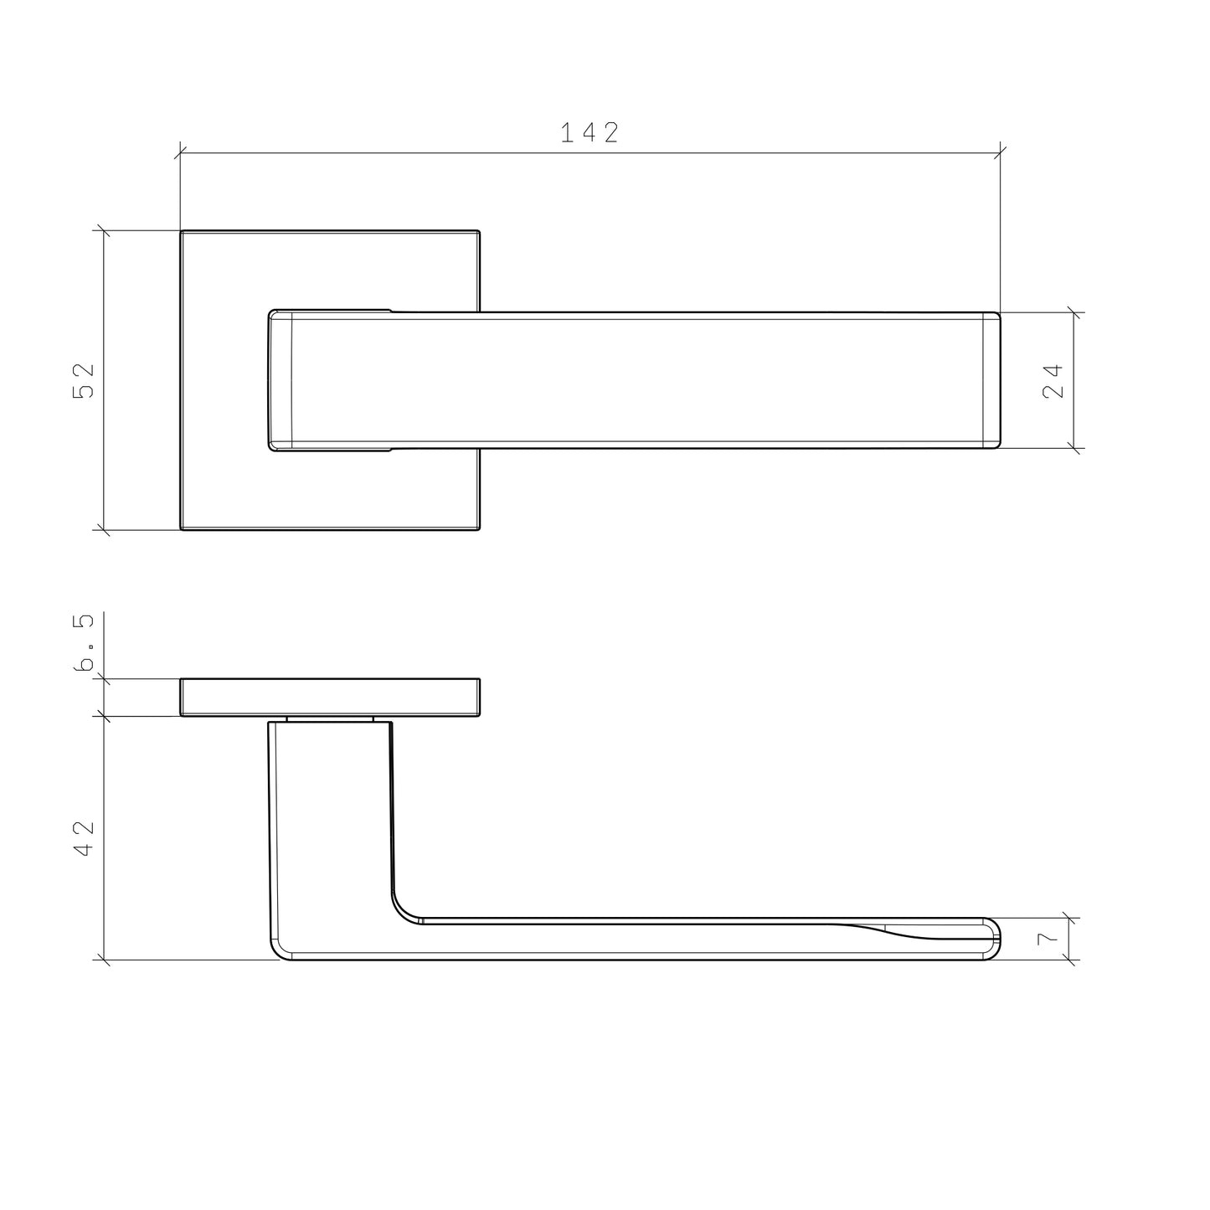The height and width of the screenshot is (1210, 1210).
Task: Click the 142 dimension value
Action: [590, 132]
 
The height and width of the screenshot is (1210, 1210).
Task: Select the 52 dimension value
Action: [84, 380]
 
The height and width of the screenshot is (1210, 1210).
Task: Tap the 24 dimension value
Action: [1053, 380]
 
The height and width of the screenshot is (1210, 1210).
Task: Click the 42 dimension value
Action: [84, 837]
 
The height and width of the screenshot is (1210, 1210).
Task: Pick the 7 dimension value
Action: [1048, 939]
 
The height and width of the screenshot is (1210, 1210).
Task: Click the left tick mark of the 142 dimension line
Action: [180, 152]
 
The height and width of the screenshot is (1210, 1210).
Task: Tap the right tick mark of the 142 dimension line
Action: [1001, 152]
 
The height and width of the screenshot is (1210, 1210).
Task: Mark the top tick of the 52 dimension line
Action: [104, 230]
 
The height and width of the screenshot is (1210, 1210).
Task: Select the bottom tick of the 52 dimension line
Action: [104, 530]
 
